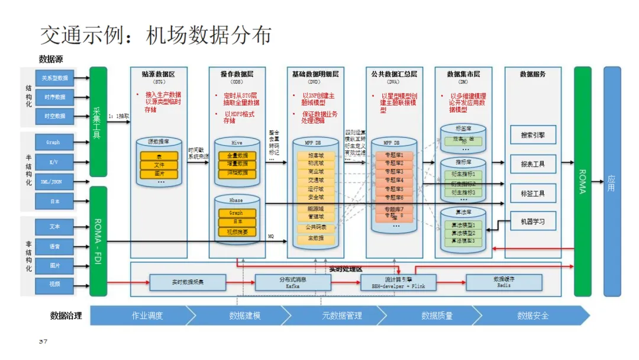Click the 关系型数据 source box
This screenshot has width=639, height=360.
pos(54,78)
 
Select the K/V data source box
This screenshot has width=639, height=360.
pos(54,162)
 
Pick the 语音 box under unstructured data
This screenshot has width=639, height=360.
pos(54,246)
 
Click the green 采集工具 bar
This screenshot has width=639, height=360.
pos(98,121)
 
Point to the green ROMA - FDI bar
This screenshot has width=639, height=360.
pos(98,241)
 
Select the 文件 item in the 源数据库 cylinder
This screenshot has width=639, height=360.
pos(159,165)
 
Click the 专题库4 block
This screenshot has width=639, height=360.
pos(393,180)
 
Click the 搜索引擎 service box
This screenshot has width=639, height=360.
pos(533,135)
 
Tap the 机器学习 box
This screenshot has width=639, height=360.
pos(533,221)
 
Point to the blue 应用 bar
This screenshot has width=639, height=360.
pos(612,181)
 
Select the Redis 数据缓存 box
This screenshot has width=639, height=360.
pos(504,282)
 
